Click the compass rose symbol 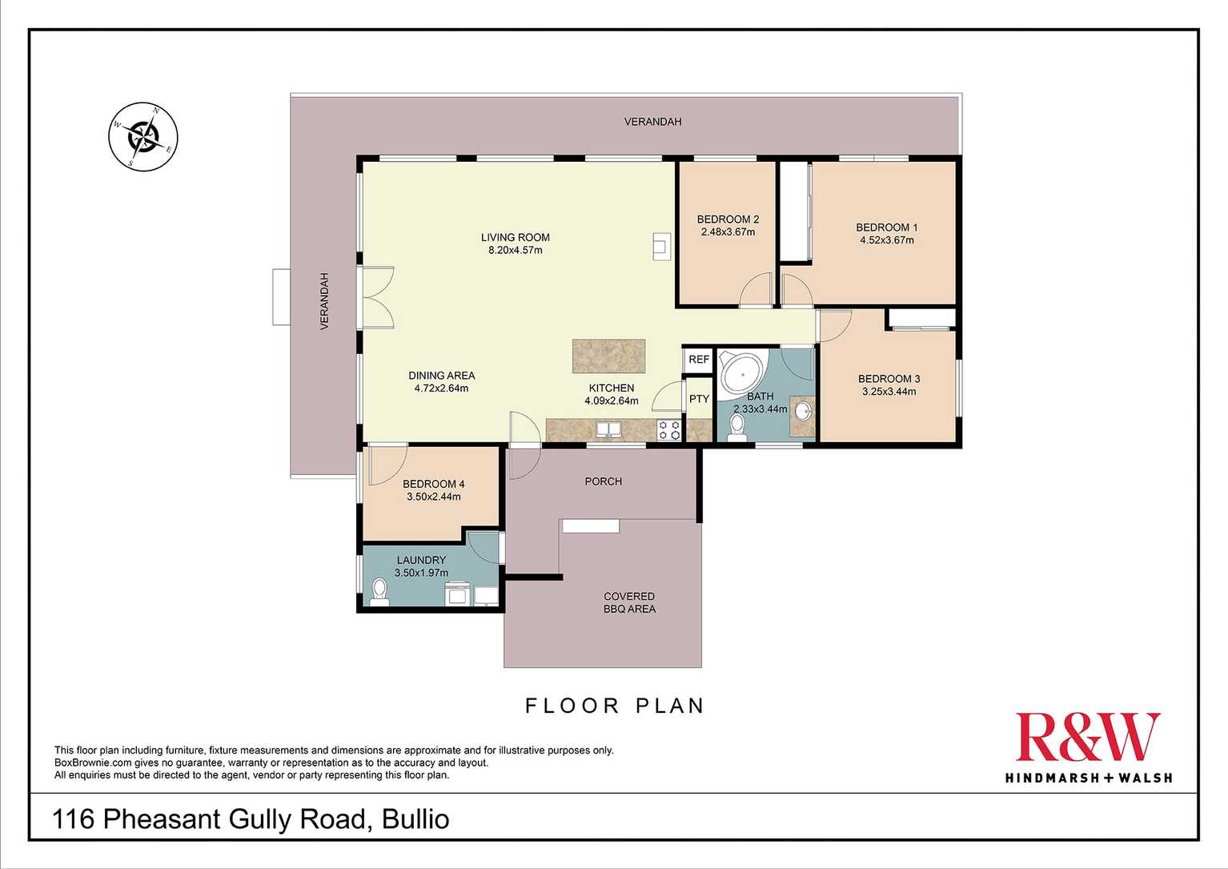[x=143, y=136]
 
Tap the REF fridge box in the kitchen [x=699, y=360]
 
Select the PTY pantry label [x=699, y=399]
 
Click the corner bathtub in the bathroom [x=741, y=373]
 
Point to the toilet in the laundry [x=379, y=592]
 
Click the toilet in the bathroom [x=737, y=426]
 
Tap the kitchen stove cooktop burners [x=669, y=430]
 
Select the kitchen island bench [x=608, y=356]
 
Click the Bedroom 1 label [x=887, y=227]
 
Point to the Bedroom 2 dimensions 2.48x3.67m [x=728, y=232]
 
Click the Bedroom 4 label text [x=433, y=484]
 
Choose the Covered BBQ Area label [x=629, y=602]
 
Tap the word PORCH [x=603, y=481]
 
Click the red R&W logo [x=1087, y=738]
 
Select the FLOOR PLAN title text [x=615, y=706]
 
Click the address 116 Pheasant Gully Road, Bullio [x=251, y=819]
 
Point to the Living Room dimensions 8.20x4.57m [x=516, y=250]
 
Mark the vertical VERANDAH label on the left [x=324, y=301]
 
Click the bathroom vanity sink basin [x=802, y=412]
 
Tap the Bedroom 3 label [x=889, y=379]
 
